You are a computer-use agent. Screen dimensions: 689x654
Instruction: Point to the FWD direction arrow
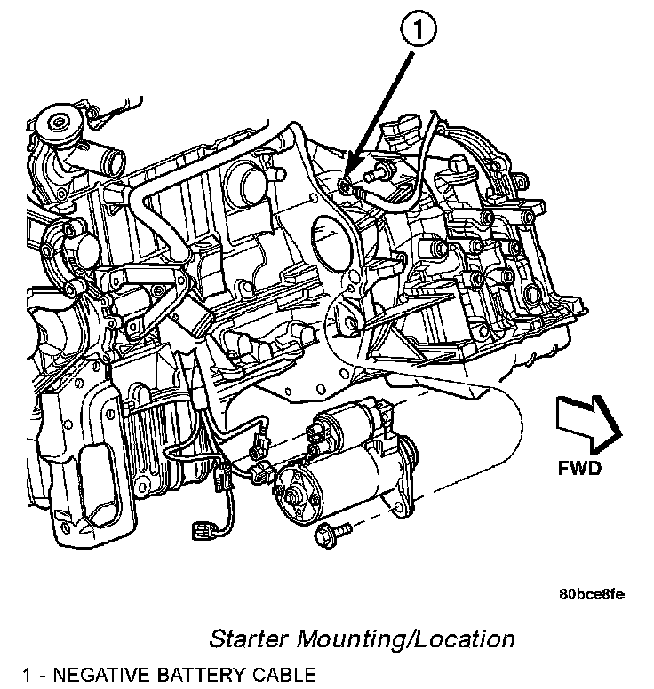coord(587,420)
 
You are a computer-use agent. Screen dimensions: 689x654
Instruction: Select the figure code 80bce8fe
coord(592,593)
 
